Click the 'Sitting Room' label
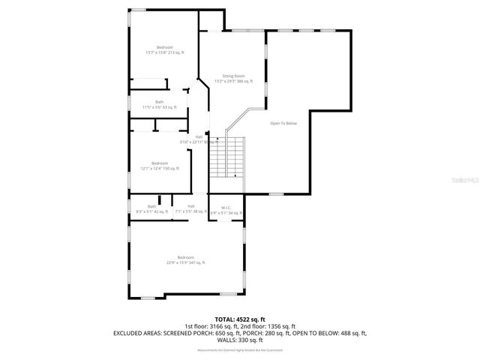[229, 76]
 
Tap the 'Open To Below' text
[283, 123]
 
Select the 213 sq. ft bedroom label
[164, 47]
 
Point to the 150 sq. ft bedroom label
[160, 163]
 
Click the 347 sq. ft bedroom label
[185, 257]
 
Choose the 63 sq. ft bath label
[159, 102]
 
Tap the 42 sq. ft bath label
[152, 206]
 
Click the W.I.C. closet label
[225, 207]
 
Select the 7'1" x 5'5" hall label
[190, 206]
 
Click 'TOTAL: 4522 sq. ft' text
[240, 319]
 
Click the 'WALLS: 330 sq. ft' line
[240, 339]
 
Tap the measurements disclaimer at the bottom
[240, 350]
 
